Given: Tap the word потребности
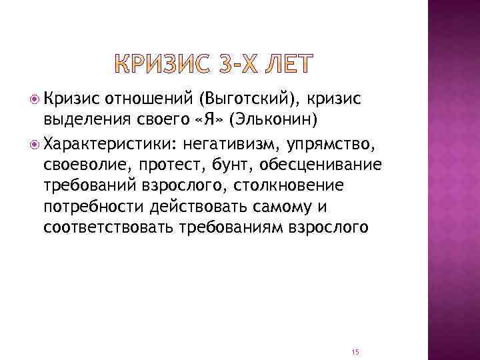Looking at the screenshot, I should click(95, 206).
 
